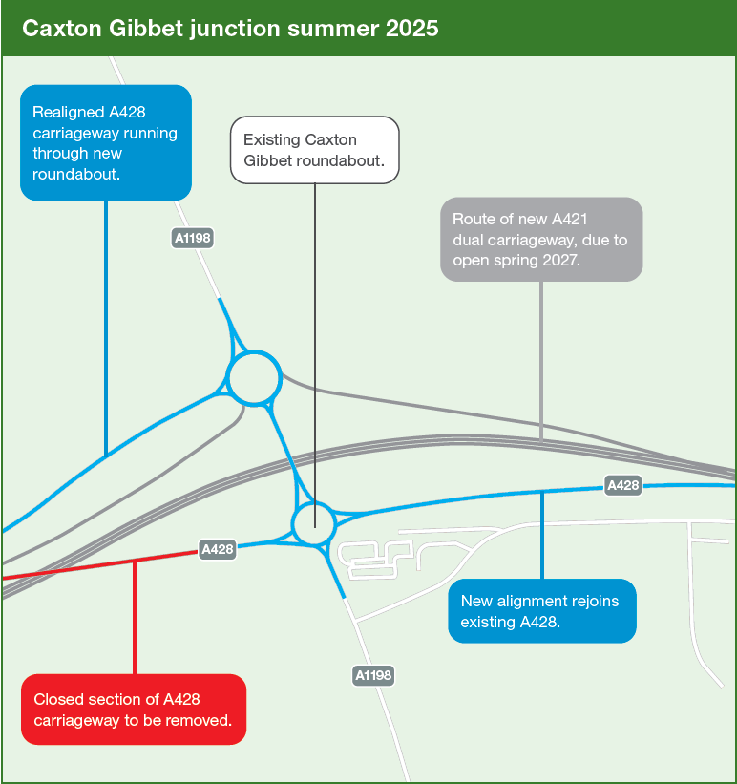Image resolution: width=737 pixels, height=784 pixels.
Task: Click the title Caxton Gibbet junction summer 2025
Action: [x=230, y=29]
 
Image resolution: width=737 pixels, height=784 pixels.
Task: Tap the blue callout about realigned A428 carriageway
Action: [x=106, y=142]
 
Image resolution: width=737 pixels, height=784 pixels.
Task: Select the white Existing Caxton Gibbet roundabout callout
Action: [x=314, y=150]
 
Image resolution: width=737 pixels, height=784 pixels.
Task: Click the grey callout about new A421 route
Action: [x=541, y=239]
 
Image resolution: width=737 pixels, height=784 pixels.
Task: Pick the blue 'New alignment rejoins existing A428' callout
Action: [x=542, y=610]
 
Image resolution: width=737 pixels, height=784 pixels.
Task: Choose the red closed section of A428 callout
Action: [x=134, y=709]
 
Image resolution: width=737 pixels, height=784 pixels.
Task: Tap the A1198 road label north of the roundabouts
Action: [x=193, y=238]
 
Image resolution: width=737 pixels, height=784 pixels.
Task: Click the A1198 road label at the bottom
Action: [x=373, y=675]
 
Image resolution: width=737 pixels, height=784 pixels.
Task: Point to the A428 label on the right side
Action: [x=622, y=485]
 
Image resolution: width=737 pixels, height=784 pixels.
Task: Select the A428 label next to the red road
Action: [x=217, y=549]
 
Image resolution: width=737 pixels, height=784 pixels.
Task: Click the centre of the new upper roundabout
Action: [x=254, y=377]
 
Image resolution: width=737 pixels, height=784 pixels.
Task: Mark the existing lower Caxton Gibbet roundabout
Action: [x=313, y=523]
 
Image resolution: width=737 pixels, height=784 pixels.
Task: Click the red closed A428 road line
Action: [x=100, y=565]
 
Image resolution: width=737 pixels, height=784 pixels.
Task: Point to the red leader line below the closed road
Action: [x=135, y=618]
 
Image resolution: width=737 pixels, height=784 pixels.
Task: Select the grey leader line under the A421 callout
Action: [x=541, y=362]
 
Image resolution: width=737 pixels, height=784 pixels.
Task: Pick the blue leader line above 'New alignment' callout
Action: [x=542, y=536]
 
